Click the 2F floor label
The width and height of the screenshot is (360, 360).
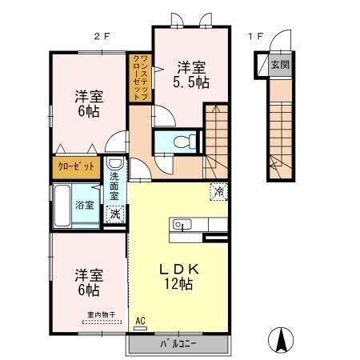pyautogui.click(x=99, y=36)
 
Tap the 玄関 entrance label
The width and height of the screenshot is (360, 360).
pyautogui.click(x=278, y=65)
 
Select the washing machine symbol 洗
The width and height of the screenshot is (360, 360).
pyautogui.click(x=117, y=214)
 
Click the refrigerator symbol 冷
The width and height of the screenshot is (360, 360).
pyautogui.click(x=218, y=191)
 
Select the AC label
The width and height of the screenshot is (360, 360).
pyautogui.click(x=142, y=319)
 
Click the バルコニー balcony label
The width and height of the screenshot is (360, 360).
pyautogui.click(x=174, y=345)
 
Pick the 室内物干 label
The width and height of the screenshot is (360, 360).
pyautogui.click(x=102, y=315)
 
